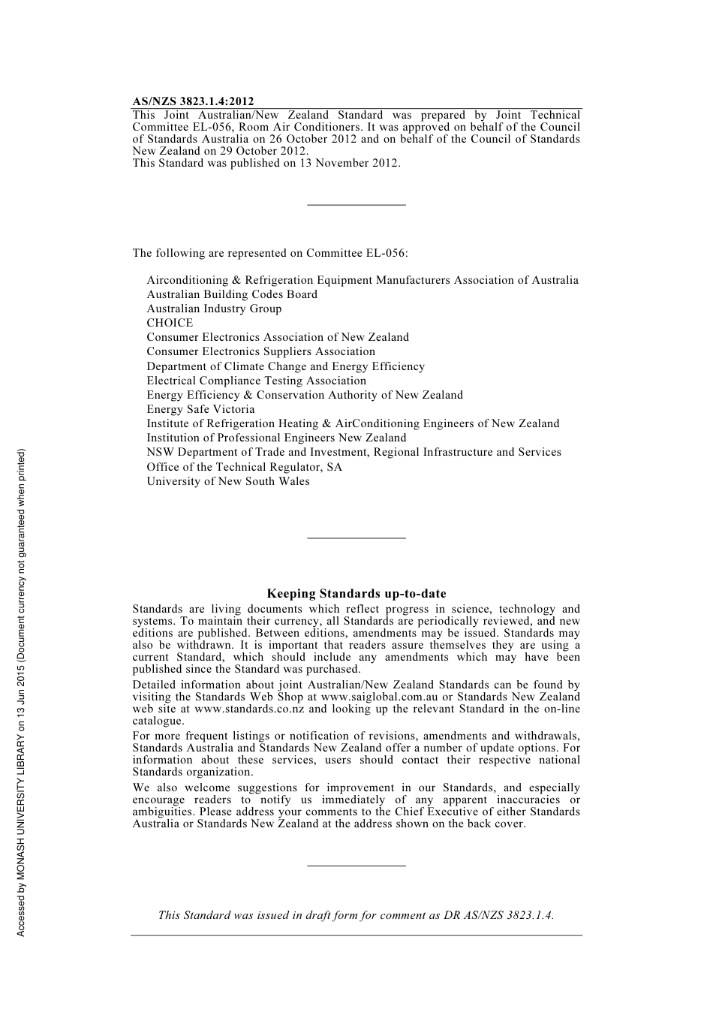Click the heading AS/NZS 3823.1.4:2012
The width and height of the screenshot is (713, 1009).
tap(193, 101)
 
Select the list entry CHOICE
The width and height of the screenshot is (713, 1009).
tap(170, 323)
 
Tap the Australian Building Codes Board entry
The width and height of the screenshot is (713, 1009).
tap(232, 294)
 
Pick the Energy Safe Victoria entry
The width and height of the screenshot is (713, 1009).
tap(200, 409)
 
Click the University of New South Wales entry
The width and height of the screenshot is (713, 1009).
tap(228, 481)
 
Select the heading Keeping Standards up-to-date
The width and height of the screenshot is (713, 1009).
tap(356, 594)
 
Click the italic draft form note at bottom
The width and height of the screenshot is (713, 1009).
tap(356, 915)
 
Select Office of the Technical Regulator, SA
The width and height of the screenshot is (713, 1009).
tap(244, 467)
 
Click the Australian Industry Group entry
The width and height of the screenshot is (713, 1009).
tap(214, 309)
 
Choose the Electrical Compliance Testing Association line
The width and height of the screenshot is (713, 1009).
tap(256, 381)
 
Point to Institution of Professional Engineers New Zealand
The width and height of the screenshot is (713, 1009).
tap(276, 438)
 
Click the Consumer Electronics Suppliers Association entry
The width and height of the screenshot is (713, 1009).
tap(260, 351)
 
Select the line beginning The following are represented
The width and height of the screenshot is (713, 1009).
tap(270, 253)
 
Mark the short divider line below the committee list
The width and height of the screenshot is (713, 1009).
tap(356, 538)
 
